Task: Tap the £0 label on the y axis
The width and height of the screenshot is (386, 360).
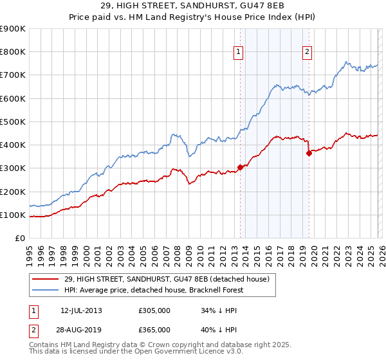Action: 19,239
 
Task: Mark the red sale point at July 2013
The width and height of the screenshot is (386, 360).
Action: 240,167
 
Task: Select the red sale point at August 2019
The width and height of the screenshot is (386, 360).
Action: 309,153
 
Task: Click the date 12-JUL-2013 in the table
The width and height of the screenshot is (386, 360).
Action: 81,310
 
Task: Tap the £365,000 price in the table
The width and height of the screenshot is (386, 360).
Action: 154,330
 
